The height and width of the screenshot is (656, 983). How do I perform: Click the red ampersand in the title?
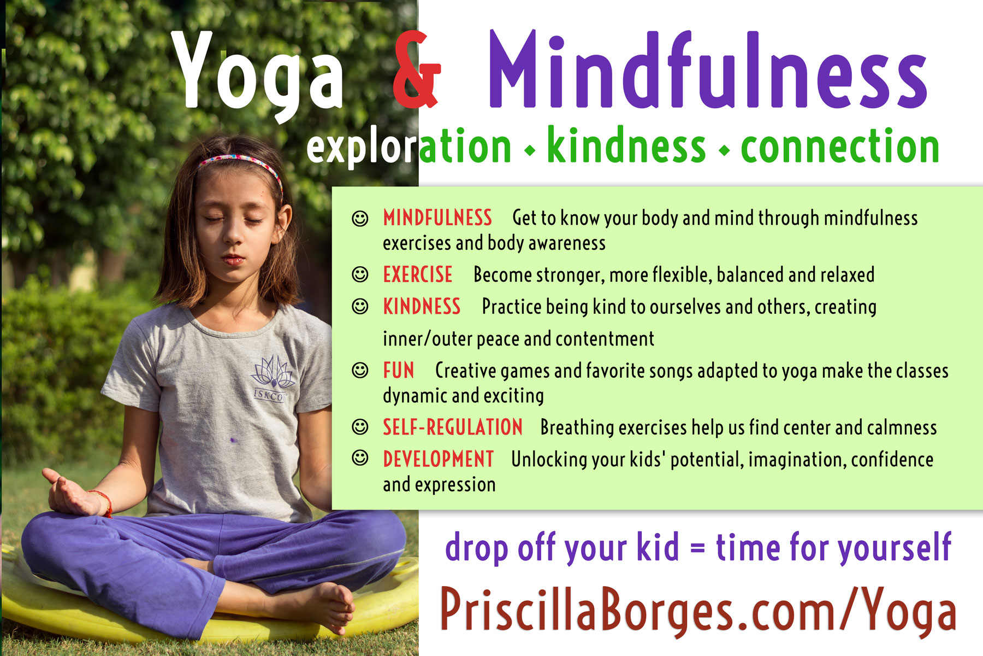pyautogui.click(x=417, y=69)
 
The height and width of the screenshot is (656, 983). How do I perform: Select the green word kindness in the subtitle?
pyautogui.click(x=626, y=145)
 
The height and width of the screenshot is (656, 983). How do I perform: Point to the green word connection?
pyautogui.click(x=840, y=147)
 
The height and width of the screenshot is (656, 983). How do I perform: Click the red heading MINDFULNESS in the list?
pyautogui.click(x=437, y=218)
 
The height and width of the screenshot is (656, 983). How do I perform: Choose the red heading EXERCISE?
pyautogui.click(x=418, y=274)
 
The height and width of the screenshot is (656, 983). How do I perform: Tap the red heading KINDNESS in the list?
pyautogui.click(x=422, y=307)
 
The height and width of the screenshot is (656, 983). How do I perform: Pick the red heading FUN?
pyautogui.click(x=399, y=371)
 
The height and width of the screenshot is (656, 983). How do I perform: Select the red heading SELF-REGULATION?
pyautogui.click(x=453, y=427)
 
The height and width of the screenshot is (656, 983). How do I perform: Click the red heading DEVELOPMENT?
pyautogui.click(x=439, y=459)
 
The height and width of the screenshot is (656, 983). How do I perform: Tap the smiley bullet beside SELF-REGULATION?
pyautogui.click(x=360, y=426)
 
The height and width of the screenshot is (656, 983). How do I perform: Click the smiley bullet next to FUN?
pyautogui.click(x=360, y=370)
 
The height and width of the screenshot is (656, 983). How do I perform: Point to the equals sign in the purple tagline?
pyautogui.click(x=697, y=548)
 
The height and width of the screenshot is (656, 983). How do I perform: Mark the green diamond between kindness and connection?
pyautogui.click(x=725, y=150)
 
